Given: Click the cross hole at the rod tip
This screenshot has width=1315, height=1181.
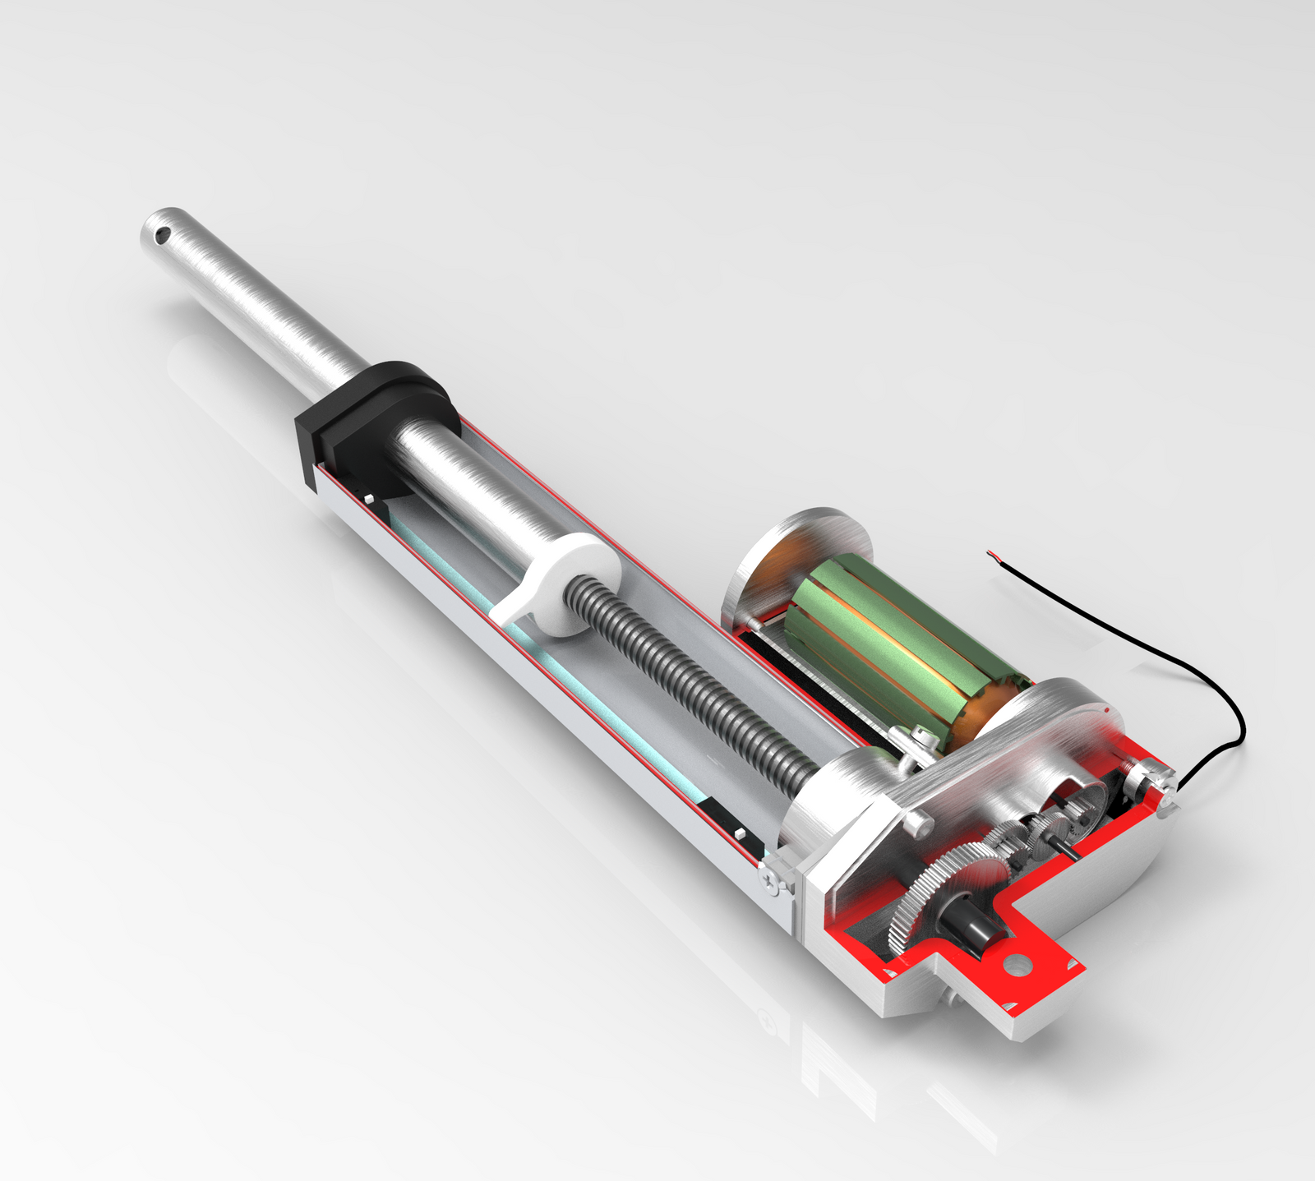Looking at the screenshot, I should click(163, 236).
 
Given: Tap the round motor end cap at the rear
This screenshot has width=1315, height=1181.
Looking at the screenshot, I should click(789, 559).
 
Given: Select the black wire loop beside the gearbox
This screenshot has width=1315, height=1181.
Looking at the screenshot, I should click(1225, 723).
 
